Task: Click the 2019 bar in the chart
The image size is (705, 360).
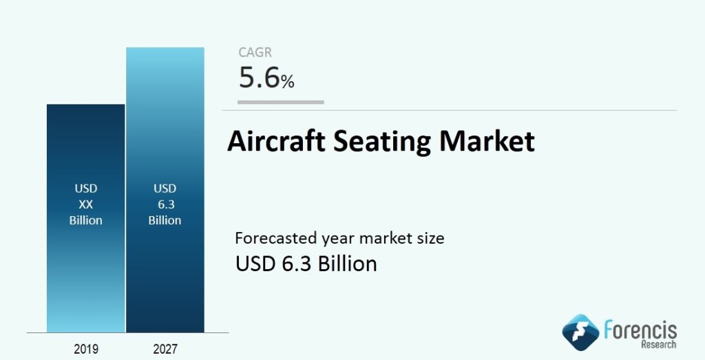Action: point(85,218)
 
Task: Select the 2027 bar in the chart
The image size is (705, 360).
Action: point(165,190)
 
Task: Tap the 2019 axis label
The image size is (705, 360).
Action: point(86,349)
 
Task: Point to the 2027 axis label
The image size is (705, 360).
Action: point(165,349)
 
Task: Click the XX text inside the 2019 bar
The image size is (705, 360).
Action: point(86,204)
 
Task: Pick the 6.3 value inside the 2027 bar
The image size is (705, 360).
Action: point(166,204)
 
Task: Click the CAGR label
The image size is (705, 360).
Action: point(255,52)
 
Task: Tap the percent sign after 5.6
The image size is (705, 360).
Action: point(288,81)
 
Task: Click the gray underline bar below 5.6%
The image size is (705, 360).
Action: point(281,103)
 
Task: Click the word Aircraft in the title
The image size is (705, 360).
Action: point(276,141)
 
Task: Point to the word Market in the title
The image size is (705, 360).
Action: point(487,141)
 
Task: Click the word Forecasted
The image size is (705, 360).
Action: point(276,237)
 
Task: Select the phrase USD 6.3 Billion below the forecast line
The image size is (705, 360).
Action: point(306,264)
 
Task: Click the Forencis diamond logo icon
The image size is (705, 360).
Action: point(580,332)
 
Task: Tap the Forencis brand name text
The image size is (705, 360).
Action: point(640,330)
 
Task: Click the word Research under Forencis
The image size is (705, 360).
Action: point(659,345)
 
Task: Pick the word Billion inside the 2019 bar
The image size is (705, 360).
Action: point(86,220)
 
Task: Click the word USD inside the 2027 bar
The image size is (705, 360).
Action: point(165,189)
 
